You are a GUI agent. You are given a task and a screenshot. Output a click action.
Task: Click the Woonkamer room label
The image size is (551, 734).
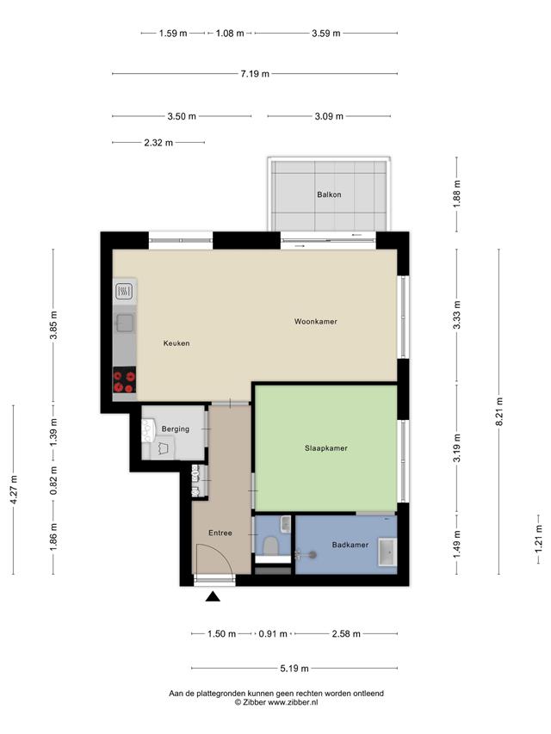(315, 322)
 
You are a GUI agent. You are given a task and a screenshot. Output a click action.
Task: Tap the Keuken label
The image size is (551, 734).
(176, 343)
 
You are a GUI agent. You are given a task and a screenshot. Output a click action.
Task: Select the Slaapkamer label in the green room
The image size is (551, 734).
(326, 448)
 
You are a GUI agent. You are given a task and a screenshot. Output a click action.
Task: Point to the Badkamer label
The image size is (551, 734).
(350, 545)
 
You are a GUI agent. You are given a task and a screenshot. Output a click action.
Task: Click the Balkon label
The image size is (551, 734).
(329, 194)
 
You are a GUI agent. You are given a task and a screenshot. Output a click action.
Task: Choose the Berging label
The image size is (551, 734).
(176, 429)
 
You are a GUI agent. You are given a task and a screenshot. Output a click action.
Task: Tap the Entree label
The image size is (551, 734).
(220, 533)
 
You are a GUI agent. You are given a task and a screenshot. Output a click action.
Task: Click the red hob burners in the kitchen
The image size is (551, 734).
(125, 380)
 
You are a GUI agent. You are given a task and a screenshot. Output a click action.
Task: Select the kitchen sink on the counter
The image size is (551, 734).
(125, 323)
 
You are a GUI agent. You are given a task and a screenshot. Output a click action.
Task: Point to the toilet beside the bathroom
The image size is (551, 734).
(269, 545)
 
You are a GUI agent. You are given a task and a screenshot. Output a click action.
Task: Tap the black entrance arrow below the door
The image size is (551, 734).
(214, 596)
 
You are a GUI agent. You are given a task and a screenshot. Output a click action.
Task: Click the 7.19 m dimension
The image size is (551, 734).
(255, 73)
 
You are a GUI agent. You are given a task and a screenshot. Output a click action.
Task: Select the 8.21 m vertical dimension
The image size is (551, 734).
(499, 411)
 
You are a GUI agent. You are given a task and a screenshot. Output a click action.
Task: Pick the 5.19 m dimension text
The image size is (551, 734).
(294, 669)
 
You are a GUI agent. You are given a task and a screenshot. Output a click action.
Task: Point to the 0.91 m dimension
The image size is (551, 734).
(273, 634)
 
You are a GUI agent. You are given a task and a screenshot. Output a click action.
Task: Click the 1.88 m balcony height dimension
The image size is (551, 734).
(457, 194)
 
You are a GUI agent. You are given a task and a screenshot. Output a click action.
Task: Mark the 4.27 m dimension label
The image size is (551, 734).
(14, 490)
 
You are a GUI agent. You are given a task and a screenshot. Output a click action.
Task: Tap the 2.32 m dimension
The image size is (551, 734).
(158, 142)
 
